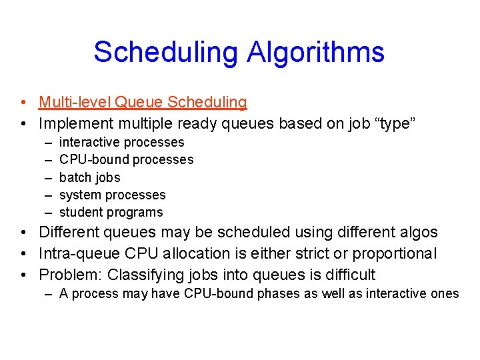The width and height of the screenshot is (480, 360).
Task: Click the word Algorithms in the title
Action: click(315, 52)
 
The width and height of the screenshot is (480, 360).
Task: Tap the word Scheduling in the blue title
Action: click(165, 52)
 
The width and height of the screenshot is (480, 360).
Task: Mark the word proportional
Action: click(395, 254)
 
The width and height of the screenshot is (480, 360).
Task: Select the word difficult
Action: click(346, 275)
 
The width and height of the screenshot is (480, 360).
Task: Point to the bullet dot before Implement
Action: click(23, 124)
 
